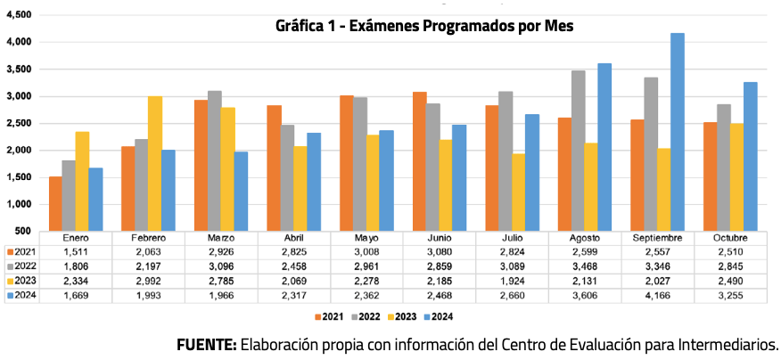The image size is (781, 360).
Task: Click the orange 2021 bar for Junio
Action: (x=418, y=160)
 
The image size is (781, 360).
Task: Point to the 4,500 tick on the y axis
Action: (x=19, y=15)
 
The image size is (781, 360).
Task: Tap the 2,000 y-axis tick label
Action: (x=19, y=151)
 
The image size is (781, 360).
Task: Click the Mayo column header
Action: (x=366, y=239)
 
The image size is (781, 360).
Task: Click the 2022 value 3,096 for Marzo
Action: (x=221, y=267)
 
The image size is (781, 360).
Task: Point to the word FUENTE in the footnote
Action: (x=206, y=345)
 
